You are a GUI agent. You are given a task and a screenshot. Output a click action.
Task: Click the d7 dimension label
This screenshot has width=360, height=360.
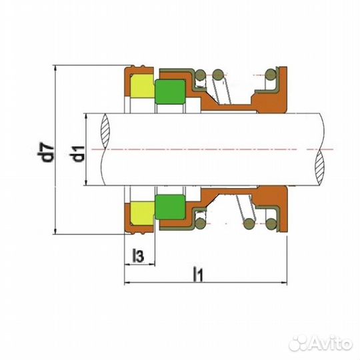(x=46, y=152)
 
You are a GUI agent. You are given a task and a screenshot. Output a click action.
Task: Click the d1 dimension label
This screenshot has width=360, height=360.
(x=77, y=154)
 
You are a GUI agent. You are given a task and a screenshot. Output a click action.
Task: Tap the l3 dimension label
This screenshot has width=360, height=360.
(x=138, y=256)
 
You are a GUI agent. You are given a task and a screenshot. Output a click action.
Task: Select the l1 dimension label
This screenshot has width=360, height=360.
(x=198, y=274)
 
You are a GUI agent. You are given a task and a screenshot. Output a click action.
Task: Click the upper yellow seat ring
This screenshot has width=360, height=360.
(x=142, y=85)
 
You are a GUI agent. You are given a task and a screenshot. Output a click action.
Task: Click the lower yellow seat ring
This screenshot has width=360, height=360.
(x=142, y=213)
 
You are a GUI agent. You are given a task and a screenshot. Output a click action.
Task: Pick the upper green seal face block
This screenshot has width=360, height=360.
(x=170, y=92)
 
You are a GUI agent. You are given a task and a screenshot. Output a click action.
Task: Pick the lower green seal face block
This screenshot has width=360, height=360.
(x=170, y=207)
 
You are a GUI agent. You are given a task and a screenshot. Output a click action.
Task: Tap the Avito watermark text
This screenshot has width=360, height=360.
(x=330, y=344)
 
